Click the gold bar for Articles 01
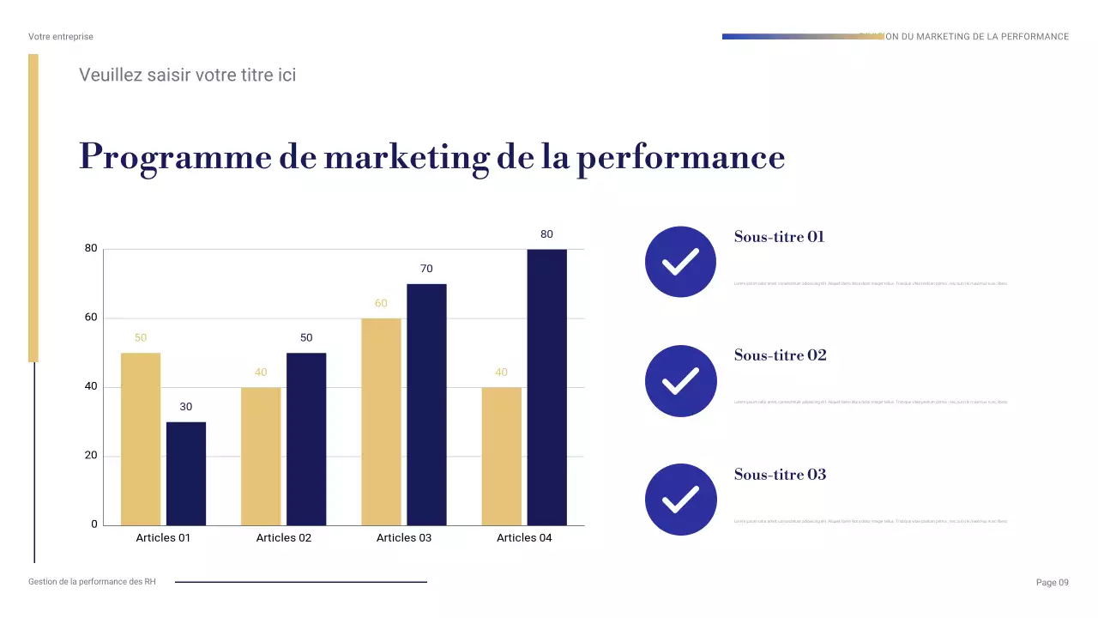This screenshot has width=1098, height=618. [141, 439]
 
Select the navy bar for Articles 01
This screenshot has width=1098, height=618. [186, 473]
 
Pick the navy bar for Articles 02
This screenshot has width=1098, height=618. [306, 439]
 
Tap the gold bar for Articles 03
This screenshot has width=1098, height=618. [381, 421]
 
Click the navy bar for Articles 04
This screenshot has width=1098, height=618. [546, 387]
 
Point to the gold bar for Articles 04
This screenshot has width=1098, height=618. [501, 456]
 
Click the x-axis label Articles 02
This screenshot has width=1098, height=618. [284, 538]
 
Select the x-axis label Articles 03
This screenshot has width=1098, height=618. [404, 538]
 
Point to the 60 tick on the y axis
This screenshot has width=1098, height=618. [90, 318]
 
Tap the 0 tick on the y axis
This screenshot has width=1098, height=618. [94, 524]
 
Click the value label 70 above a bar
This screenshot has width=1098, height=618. [426, 269]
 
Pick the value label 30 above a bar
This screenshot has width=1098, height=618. [186, 407]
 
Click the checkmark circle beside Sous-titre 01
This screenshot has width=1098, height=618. [680, 262]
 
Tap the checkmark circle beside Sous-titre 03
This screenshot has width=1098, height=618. [680, 500]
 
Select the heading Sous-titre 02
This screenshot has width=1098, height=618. [780, 355]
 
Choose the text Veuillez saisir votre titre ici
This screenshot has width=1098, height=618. [187, 75]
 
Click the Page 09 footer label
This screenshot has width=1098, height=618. [1053, 583]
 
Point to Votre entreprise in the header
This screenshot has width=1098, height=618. [61, 37]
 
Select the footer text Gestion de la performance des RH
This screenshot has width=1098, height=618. [93, 582]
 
